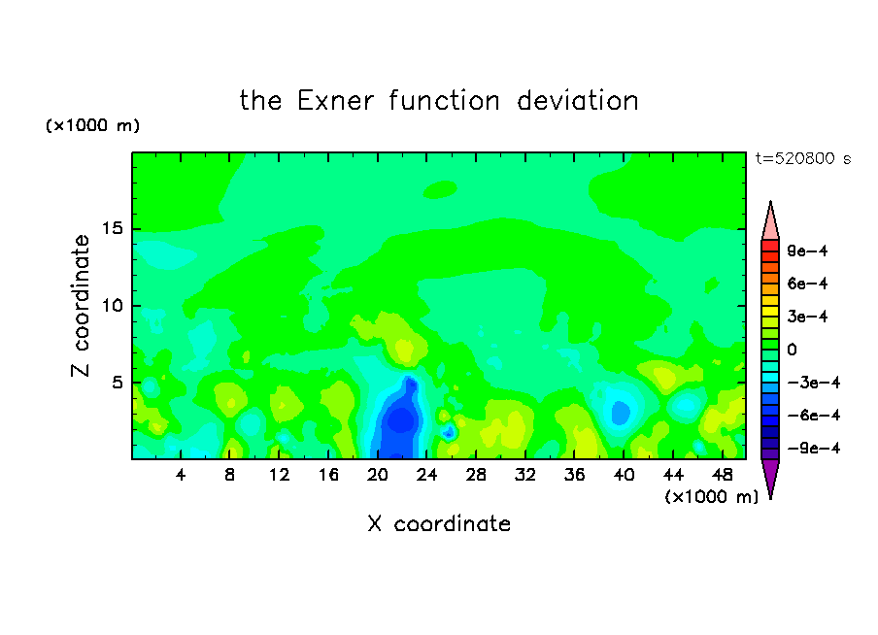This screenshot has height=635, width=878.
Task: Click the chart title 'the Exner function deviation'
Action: [439, 101]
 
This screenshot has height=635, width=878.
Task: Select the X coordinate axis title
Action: [439, 523]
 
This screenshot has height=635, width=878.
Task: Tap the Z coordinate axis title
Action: [81, 306]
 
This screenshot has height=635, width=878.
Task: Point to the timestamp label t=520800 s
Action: [803, 158]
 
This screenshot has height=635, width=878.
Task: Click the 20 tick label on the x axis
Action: [378, 475]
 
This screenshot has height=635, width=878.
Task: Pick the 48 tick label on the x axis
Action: [723, 475]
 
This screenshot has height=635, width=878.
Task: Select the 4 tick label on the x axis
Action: [181, 475]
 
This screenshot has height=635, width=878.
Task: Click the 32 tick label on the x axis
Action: [525, 475]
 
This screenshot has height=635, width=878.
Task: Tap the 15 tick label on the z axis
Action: [112, 228]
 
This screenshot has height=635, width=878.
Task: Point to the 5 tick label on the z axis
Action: [118, 383]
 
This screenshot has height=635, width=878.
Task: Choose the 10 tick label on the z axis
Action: [112, 306]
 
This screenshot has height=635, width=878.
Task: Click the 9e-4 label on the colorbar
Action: [807, 251]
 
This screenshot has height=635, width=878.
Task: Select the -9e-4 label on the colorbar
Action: [814, 448]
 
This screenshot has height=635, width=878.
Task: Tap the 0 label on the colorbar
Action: [792, 350]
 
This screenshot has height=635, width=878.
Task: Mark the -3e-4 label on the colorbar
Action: [814, 383]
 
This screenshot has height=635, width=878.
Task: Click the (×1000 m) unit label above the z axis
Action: [92, 125]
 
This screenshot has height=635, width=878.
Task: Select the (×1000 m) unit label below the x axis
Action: [711, 497]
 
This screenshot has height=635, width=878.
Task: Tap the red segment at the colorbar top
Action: [770, 246]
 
